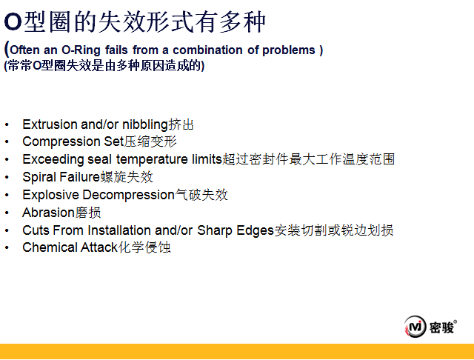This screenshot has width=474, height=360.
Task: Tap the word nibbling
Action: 145,125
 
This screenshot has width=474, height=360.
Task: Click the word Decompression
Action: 129,195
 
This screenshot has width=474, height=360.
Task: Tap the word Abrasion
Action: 48,213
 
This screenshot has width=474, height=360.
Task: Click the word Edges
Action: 255,230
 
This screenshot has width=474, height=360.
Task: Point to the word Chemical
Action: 50,247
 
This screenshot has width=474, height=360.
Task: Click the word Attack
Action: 99,247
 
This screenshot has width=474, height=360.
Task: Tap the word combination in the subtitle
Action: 207,50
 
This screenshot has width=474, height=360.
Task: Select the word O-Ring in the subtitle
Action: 81,50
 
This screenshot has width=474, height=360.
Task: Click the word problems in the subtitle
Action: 289,50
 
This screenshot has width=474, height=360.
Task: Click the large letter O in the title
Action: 13,22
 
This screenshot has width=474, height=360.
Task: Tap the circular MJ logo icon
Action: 415,327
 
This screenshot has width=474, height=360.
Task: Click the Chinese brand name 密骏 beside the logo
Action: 441,327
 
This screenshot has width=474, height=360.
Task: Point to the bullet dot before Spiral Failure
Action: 7,178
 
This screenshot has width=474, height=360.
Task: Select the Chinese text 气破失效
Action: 201,195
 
